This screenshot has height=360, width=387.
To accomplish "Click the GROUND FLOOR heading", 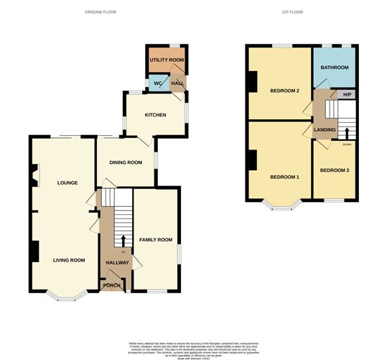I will pos(101,12).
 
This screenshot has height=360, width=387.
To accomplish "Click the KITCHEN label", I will pos(155,115).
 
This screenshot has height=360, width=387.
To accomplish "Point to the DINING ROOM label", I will pos(125,162).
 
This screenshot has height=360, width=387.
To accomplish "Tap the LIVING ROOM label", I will pos(69,260).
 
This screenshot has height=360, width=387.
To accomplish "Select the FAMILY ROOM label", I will pos(156,239).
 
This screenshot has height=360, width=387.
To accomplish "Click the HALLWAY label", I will pos(117,262).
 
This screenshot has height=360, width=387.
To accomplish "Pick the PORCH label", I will pos(112,285).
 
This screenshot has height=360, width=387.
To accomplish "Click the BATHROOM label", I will pos(334,68).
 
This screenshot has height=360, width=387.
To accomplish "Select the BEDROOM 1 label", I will pos(284,177).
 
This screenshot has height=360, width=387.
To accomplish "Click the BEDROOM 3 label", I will pos(335,170).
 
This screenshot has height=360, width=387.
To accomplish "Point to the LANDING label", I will pos(325,129).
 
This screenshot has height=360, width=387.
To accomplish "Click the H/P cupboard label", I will pos(347,95).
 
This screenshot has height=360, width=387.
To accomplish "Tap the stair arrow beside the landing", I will pos(347,133).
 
